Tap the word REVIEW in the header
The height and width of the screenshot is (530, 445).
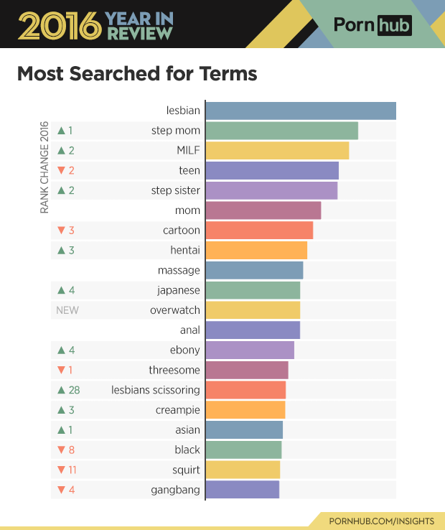tap(140, 32)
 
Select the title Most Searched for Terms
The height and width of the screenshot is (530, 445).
tap(136, 74)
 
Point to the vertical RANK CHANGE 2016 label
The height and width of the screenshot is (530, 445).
tap(44, 166)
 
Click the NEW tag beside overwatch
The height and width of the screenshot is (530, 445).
tap(67, 310)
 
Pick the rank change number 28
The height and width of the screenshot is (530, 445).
tap(74, 390)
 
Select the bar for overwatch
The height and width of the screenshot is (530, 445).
tap(252, 310)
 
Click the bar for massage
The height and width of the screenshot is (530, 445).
tap(254, 270)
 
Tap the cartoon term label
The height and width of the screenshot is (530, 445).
tap(182, 231)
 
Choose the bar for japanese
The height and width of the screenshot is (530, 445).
tap(253, 290)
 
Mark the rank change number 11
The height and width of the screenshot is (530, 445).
tap(72, 470)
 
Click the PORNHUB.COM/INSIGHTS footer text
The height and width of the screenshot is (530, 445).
tap(380, 519)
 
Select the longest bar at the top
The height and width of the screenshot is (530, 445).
tap(301, 111)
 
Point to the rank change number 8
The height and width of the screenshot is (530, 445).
tap(71, 450)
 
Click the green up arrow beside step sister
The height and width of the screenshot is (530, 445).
tap(61, 190)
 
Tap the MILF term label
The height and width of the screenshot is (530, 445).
tap(188, 151)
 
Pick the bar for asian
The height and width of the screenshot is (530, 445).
tap(244, 430)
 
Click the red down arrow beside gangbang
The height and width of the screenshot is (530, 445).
tap(61, 491)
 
